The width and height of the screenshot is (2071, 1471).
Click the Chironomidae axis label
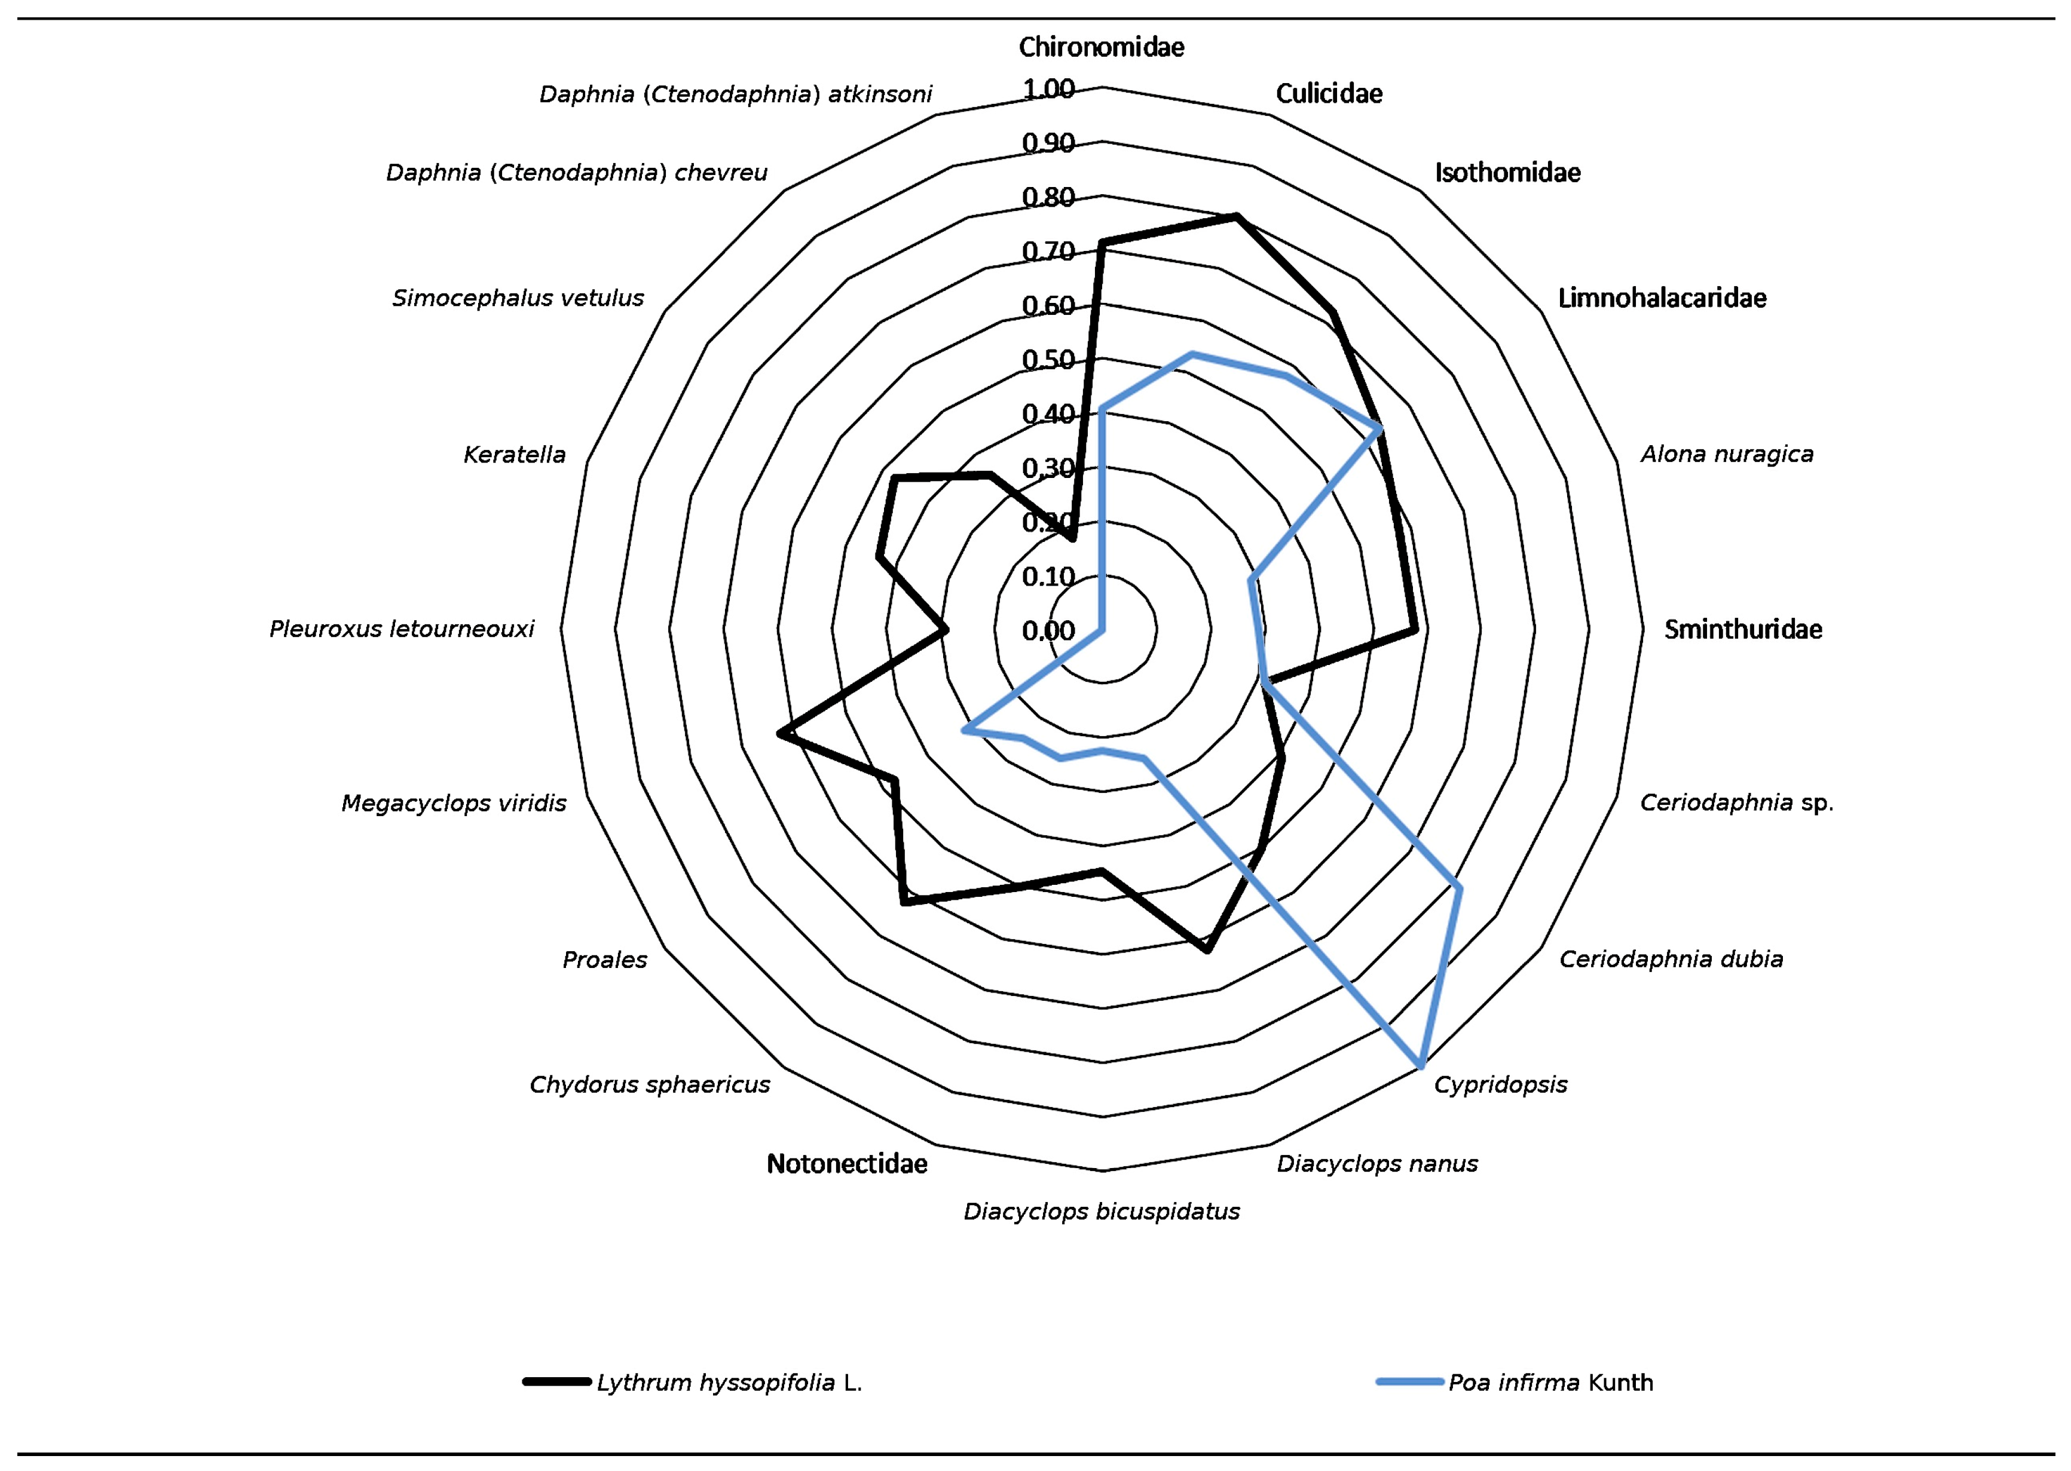1101,47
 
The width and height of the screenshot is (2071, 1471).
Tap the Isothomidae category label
1507,173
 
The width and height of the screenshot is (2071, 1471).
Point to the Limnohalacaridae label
1662,298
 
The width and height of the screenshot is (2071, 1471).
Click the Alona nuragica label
1727,455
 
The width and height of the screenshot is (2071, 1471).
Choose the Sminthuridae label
1742,630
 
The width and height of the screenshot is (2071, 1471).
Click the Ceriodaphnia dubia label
1671,959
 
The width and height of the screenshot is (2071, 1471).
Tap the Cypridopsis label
1500,1084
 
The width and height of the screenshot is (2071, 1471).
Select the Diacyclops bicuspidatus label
1101,1212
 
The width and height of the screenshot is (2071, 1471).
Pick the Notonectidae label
846,1164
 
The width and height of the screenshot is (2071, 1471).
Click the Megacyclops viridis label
453,804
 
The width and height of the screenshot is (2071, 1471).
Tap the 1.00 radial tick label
1048,89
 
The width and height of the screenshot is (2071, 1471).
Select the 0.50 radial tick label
1048,360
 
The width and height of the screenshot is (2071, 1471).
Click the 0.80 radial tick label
1048,197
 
